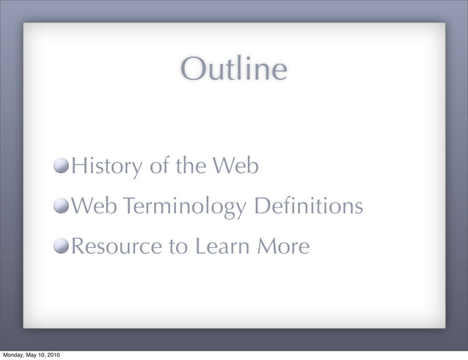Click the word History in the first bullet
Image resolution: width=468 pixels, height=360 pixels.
click(105, 167)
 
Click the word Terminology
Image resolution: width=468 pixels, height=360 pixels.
click(183, 207)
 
